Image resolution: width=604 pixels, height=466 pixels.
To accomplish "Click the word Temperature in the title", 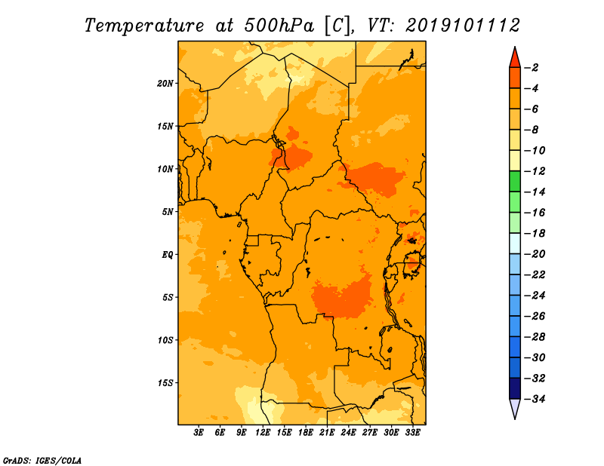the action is tap(144, 26).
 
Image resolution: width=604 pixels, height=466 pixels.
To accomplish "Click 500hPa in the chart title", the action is tap(279, 26).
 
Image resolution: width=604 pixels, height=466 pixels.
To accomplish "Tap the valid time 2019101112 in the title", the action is tap(463, 26).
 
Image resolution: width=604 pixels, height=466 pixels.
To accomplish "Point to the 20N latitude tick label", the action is tap(165, 84).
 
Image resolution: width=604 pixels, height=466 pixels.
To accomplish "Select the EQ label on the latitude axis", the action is tap(167, 255).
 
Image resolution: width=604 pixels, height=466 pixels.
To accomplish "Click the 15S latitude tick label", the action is tap(165, 383).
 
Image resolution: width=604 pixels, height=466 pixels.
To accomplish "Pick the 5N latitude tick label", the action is tap(168, 212).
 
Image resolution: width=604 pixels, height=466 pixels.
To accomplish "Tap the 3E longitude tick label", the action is tap(199, 432).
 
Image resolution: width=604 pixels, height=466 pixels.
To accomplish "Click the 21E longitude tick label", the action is tap(327, 432).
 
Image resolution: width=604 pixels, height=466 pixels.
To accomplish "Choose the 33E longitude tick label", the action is tap(412, 432).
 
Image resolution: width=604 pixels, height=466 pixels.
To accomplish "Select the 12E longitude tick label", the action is tap(263, 432).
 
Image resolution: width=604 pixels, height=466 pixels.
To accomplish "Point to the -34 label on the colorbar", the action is tap(535, 399).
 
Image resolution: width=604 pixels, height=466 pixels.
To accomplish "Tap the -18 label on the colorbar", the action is tap(535, 233).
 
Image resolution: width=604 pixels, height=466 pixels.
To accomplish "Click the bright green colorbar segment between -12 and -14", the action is tap(515, 181).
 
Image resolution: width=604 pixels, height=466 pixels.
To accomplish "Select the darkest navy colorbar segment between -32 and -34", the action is tap(515, 388).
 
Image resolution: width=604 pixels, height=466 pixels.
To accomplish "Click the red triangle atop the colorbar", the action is tap(515, 58).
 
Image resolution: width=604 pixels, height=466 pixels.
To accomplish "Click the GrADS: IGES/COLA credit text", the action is tap(42, 461).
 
